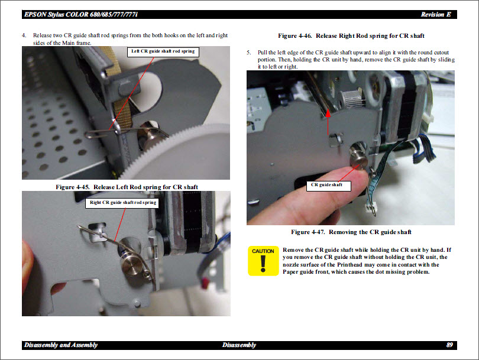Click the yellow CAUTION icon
263,261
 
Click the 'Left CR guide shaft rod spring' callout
164,52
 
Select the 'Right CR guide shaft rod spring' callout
123,203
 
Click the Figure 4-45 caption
127,187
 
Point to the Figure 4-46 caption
351,36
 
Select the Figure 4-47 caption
351,232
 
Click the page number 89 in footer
449,345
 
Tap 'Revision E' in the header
436,14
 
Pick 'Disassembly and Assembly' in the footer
60,345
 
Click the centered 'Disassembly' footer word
239,345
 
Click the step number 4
24,36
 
